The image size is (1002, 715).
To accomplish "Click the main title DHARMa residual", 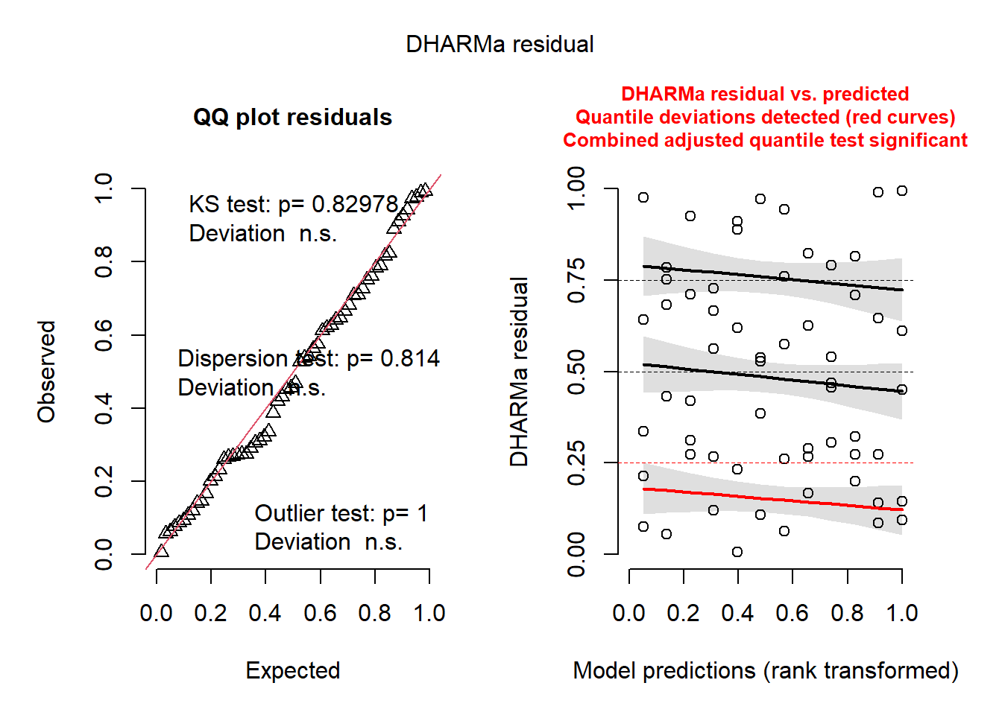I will (x=500, y=45).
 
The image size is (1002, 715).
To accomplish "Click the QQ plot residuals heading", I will (x=292, y=118).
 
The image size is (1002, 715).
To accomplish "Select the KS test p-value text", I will (x=293, y=204).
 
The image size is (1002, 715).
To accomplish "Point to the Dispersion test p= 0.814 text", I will (x=308, y=359).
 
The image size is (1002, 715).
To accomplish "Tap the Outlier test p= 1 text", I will (x=341, y=513).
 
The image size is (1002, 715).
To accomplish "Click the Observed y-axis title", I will (x=47, y=372).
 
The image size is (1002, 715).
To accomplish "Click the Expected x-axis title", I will (x=292, y=670).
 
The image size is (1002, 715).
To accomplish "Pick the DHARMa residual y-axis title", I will (x=519, y=372).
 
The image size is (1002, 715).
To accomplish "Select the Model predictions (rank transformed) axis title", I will (x=765, y=670).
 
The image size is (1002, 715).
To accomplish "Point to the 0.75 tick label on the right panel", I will (x=576, y=281).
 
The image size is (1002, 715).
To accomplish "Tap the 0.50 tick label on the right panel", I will (x=576, y=372).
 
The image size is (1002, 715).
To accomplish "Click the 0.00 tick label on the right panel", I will (x=576, y=554).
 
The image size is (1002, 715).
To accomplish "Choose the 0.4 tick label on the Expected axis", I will (x=265, y=613).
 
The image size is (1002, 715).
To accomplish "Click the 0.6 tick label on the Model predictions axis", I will (x=792, y=613).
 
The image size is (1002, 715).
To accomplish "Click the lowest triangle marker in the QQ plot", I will (x=161, y=551).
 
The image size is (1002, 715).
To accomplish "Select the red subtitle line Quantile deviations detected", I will (x=765, y=118).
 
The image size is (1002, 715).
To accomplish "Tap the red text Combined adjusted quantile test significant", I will (x=765, y=141).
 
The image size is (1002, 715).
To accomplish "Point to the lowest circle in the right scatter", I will (x=737, y=552).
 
